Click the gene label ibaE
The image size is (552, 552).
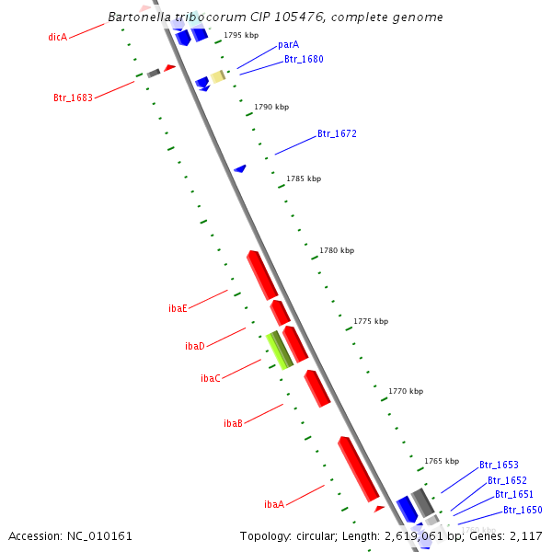pos(178,308)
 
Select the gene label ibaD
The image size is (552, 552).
pos(194,346)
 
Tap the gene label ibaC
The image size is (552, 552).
pos(210,378)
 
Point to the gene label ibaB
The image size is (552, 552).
pos(233,423)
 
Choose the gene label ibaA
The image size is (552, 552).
pos(273,504)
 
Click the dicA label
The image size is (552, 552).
pos(57,37)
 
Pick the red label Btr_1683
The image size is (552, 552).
pos(73,98)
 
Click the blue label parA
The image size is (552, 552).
pos(288,44)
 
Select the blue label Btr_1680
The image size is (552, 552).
pos(303,59)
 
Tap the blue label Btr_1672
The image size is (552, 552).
pos(337,133)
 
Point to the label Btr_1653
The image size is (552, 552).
pos(498,466)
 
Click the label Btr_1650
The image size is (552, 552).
pos(523,510)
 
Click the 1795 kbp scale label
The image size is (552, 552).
pos(241,35)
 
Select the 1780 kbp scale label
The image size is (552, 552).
pos(336,250)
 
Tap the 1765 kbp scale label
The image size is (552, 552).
pos(441,461)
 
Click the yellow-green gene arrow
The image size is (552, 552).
pos(279,351)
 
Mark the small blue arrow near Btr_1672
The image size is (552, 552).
pos(240,168)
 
